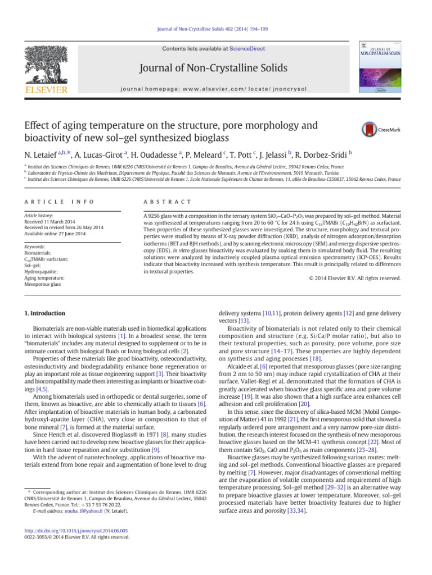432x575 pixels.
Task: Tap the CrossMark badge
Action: [375, 129]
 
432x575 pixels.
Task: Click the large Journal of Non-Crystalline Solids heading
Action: [216, 69]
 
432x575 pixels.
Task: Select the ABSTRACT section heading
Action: [168, 202]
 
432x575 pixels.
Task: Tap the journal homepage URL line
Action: [216, 88]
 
